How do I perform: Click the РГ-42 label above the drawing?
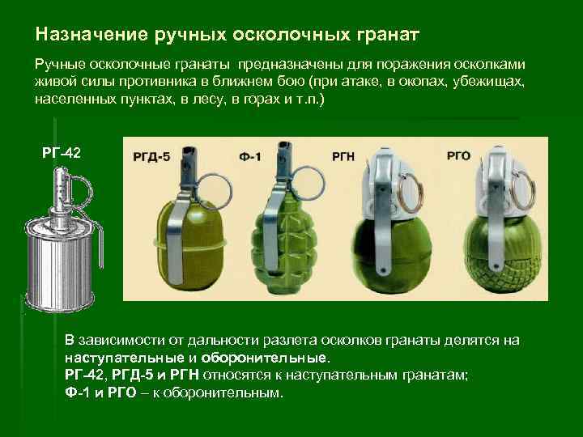[x=62, y=153]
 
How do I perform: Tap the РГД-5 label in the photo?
[x=151, y=156]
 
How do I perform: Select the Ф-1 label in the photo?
[x=250, y=156]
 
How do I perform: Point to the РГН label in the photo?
[x=343, y=156]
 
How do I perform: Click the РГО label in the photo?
[x=458, y=155]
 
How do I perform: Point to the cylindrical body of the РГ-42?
[x=59, y=263]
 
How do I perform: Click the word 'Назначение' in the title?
[x=91, y=34]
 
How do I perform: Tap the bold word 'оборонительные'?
[x=265, y=358]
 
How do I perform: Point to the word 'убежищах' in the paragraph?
[x=488, y=82]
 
